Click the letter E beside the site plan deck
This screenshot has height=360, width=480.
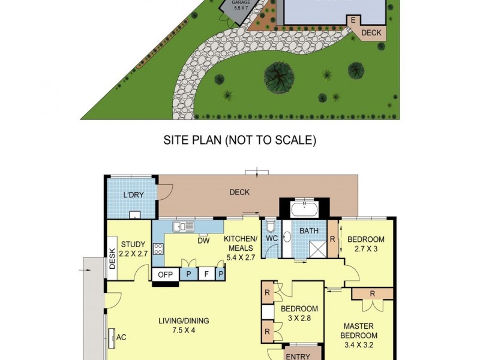353,20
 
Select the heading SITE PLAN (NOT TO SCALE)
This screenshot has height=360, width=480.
240,140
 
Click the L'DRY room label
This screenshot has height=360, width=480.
133,195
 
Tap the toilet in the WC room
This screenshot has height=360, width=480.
271,226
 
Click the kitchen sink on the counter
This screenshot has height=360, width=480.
179,227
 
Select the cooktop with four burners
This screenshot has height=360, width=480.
158,249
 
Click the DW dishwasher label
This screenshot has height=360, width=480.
203,241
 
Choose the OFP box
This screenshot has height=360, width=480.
165,274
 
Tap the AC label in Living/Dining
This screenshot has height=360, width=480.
121,337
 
